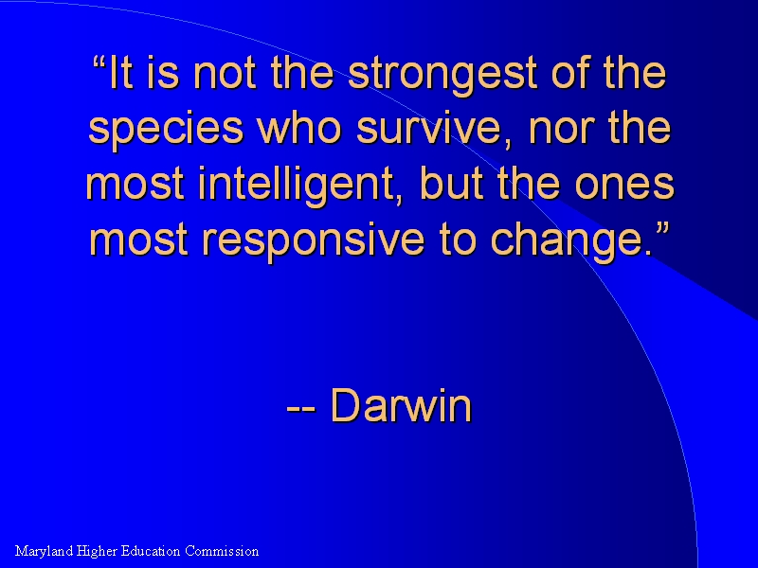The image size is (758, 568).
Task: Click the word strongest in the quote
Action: click(442, 74)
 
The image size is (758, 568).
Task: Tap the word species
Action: click(166, 128)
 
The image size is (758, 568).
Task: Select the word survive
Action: click(428, 128)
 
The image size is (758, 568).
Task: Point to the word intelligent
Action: click(297, 184)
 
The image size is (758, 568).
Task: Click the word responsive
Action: click(314, 240)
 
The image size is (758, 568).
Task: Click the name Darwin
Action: click(401, 405)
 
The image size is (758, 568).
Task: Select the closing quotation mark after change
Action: click(663, 227)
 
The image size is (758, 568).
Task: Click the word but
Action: click(452, 184)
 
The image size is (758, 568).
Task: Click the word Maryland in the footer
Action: click(44, 552)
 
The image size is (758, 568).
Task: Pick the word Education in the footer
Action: click(150, 551)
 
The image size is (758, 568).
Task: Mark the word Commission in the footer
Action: click(222, 551)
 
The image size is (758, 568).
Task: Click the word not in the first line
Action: click(224, 74)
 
